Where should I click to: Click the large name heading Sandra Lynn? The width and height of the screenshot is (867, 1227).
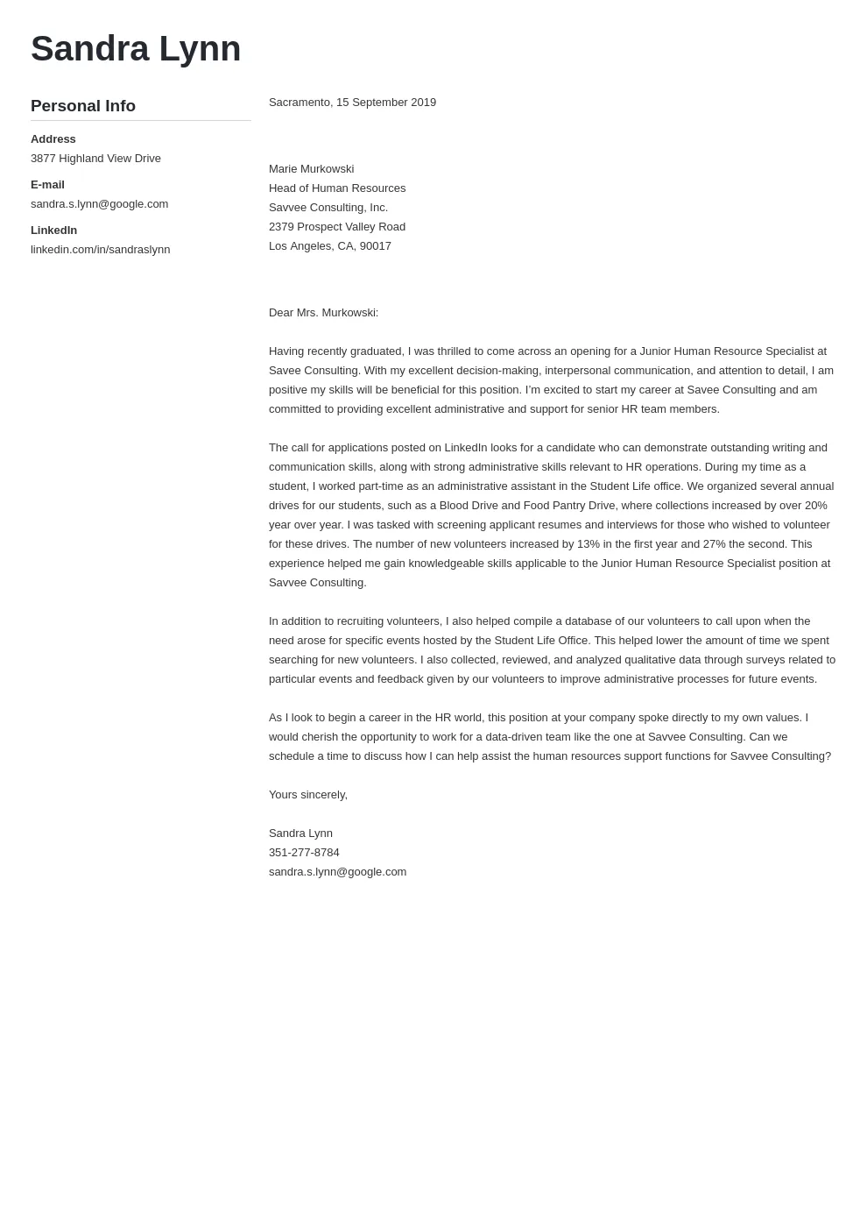tap(136, 49)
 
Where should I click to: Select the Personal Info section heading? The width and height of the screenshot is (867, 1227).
tap(83, 106)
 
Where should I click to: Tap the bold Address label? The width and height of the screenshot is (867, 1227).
tap(53, 139)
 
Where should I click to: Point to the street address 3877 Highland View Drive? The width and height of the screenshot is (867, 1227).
tap(95, 159)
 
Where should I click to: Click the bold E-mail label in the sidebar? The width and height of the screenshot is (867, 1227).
tap(47, 185)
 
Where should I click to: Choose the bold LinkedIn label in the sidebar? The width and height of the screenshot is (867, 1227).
tap(53, 231)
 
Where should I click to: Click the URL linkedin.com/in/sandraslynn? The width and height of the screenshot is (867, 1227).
tap(100, 250)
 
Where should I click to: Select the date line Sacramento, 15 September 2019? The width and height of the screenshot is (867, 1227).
tap(352, 103)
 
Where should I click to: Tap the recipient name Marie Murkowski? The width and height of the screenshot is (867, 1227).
tap(311, 169)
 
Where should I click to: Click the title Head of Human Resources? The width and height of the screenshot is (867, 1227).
tap(337, 188)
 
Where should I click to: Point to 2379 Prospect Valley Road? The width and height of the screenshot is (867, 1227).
tap(337, 227)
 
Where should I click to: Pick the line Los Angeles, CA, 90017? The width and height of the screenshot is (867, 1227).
tap(330, 246)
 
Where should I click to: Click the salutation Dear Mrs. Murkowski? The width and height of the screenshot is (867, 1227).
tap(323, 313)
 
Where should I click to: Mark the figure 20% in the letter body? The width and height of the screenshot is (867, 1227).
tap(815, 506)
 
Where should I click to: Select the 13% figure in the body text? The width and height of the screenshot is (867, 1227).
tap(589, 544)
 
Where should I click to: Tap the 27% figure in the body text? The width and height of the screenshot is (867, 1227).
tap(715, 544)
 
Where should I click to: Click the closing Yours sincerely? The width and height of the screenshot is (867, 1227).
tap(308, 795)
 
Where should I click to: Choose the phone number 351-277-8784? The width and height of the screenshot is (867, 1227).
tap(304, 853)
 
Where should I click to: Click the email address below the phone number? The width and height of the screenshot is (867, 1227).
tap(337, 872)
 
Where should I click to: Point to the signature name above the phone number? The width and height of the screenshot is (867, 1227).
tap(300, 833)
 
